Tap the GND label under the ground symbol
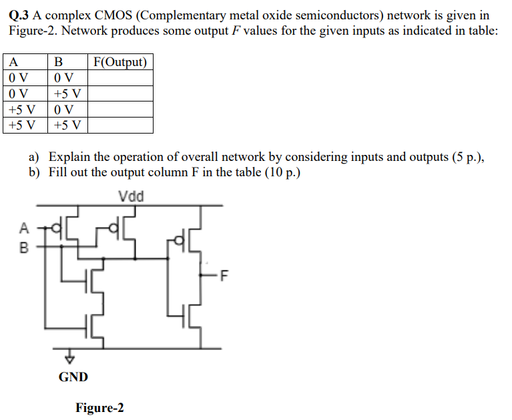[73, 377]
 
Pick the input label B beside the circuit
[25, 248]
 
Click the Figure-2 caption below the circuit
[99, 408]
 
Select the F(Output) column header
[120, 63]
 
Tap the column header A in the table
[13, 63]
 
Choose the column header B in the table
[58, 63]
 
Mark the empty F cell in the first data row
[120, 78]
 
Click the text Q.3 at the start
[21, 15]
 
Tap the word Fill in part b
[59, 172]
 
